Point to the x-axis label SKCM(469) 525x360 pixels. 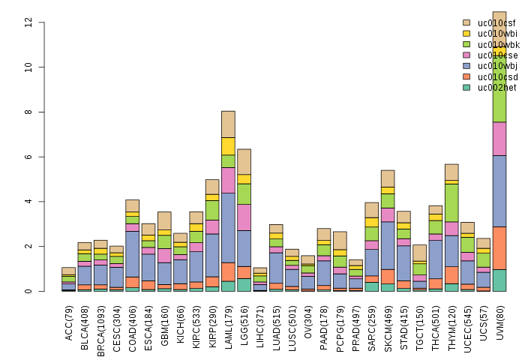click(x=388, y=322)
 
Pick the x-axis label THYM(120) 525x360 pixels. click(x=452, y=322)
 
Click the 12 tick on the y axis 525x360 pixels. click(x=28, y=22)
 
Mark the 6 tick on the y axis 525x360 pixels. click(x=28, y=157)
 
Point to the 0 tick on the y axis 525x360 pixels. click(x=28, y=291)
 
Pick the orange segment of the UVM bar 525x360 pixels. click(x=499, y=247)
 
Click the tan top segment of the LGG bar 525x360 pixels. click(x=244, y=161)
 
